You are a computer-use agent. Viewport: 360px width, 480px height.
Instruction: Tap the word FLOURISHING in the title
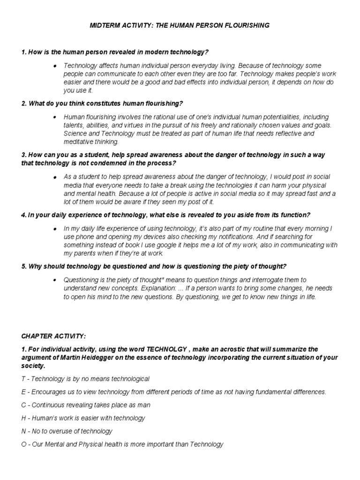coord(248,25)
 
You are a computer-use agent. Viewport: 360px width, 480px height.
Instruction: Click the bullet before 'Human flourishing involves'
coord(55,117)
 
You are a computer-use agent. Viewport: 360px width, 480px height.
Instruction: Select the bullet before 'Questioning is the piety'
coord(55,280)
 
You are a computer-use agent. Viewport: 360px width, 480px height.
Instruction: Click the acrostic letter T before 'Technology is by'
coord(23,378)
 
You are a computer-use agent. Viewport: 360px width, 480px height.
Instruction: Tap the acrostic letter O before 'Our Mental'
coord(24,444)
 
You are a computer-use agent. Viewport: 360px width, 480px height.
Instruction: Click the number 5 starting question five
coord(23,267)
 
